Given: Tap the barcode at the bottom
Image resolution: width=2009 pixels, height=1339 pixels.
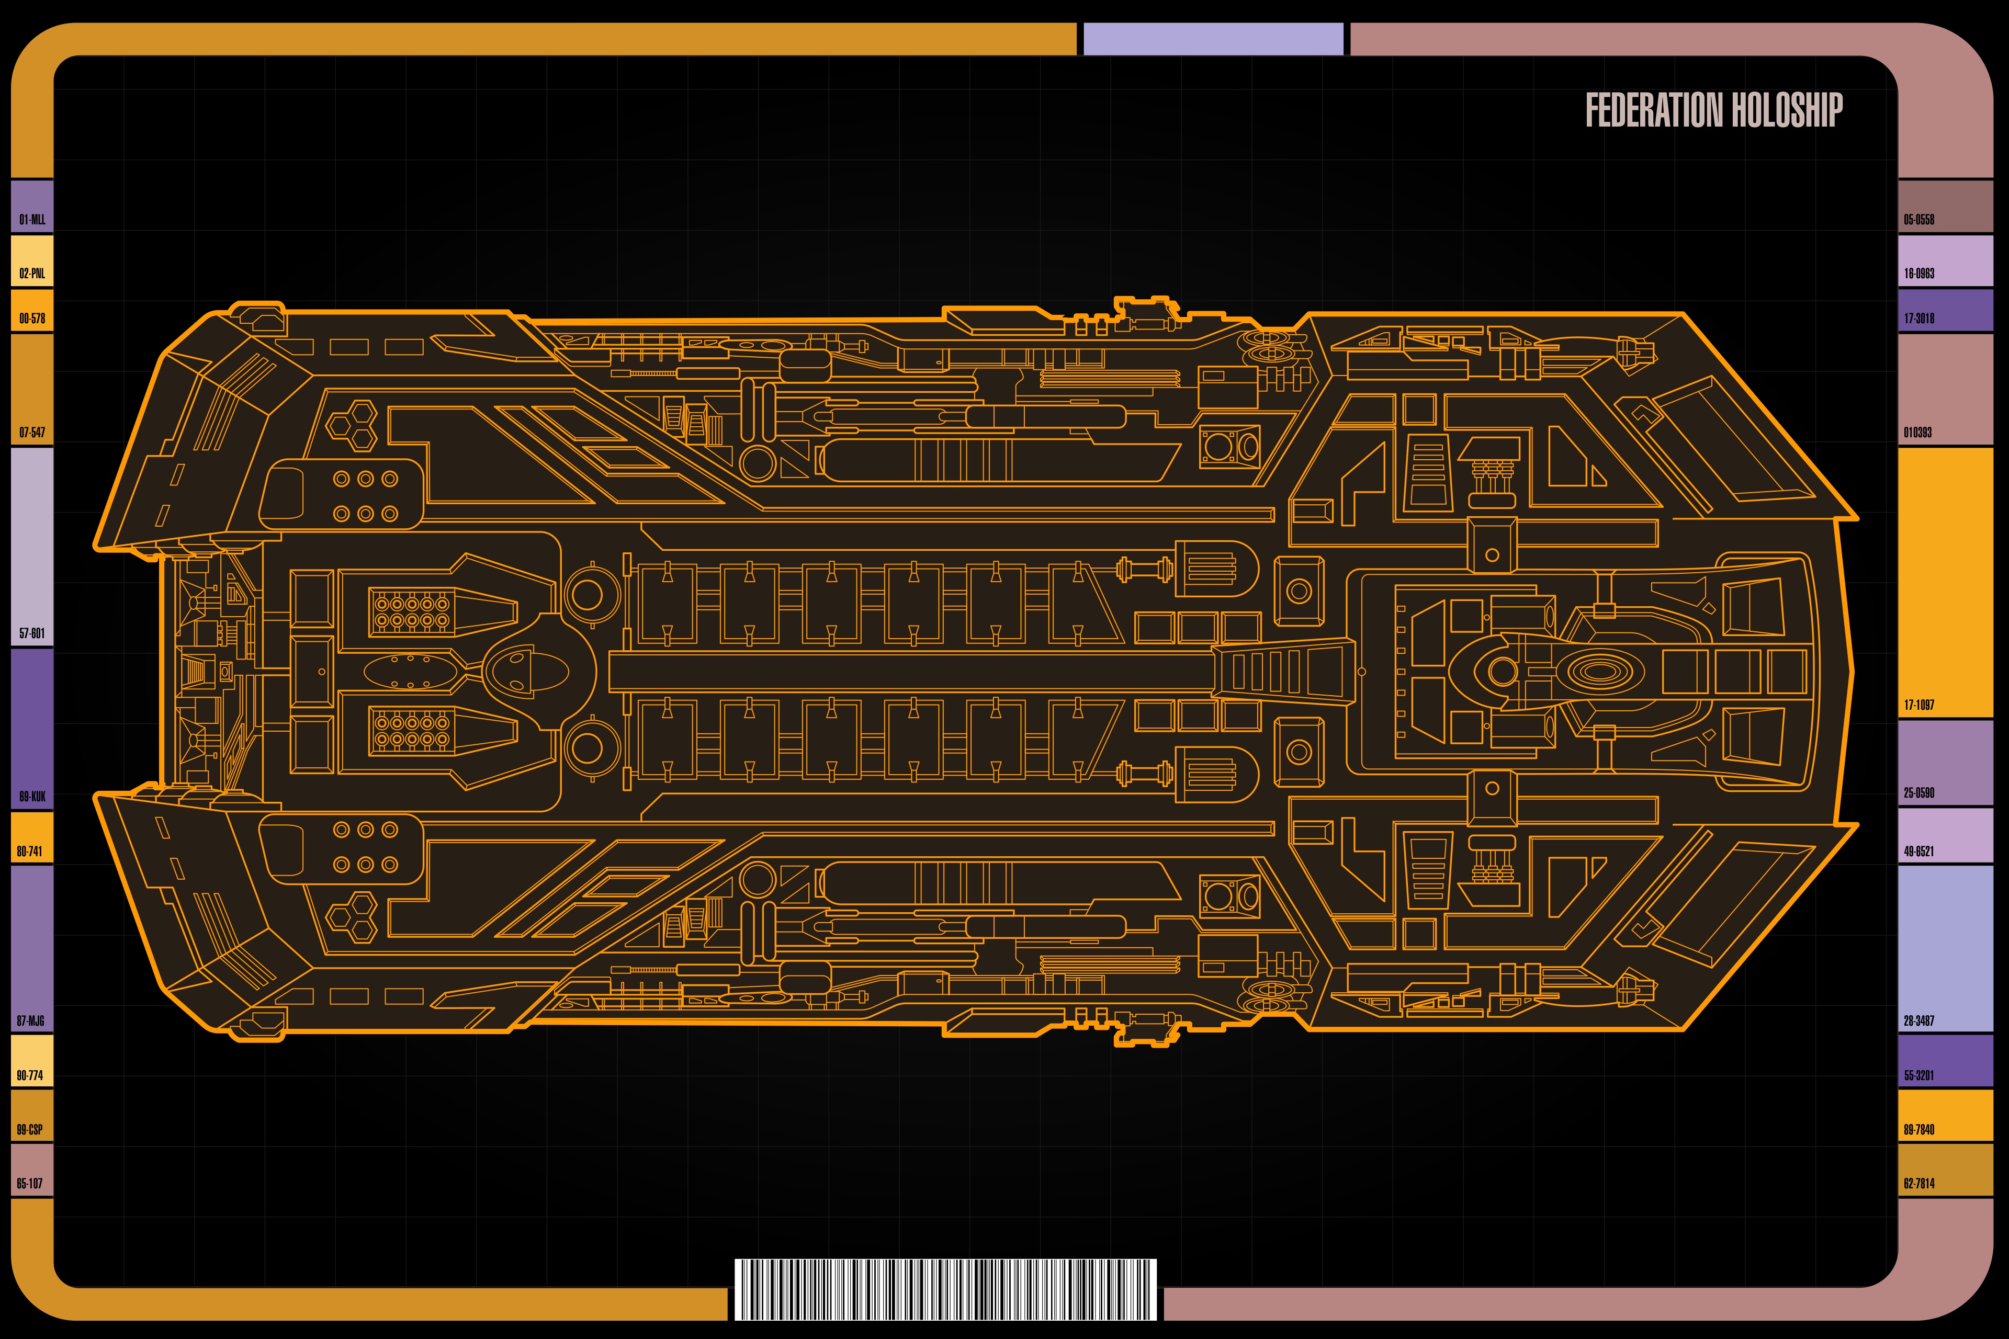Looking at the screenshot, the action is click(945, 1289).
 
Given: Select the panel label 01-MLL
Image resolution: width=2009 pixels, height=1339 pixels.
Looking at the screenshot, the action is click(32, 220).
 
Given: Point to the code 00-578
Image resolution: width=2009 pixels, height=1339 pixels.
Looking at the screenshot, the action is click(32, 319).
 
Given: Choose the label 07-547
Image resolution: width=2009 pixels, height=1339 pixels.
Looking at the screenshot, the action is click(32, 432).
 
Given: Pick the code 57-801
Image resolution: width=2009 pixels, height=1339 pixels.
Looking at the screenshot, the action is click(32, 633).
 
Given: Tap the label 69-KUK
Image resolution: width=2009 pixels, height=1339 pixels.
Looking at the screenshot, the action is click(32, 797).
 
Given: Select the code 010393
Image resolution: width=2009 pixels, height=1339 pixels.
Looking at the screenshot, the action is click(1917, 432).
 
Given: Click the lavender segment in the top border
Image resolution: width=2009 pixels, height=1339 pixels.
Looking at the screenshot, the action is click(1213, 39).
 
